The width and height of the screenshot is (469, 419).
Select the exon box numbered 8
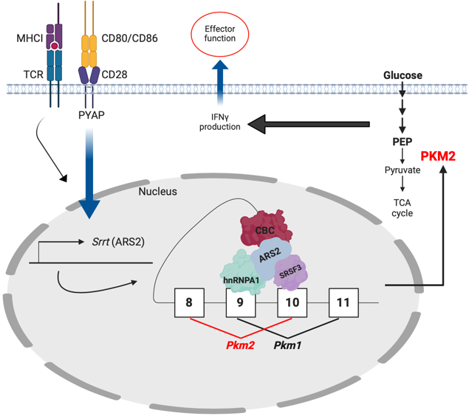[189, 302]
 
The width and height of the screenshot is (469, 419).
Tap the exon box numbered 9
[241, 302]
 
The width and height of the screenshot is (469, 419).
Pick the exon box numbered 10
[292, 302]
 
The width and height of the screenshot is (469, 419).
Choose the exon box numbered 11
[343, 302]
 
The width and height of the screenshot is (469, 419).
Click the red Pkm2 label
[241, 345]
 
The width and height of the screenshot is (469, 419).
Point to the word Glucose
[403, 76]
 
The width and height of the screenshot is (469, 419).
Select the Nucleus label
[158, 192]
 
